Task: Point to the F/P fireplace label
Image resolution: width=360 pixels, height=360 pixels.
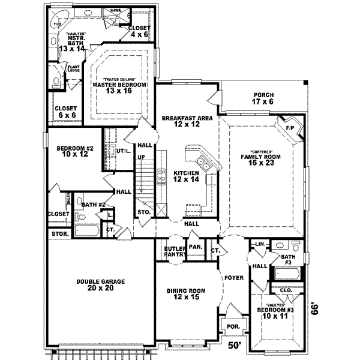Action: pos(290,128)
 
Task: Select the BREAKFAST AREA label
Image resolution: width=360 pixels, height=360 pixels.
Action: pos(187,118)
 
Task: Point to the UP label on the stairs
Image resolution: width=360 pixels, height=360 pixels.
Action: pos(142,157)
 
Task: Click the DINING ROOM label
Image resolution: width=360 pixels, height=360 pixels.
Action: pos(186,290)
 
